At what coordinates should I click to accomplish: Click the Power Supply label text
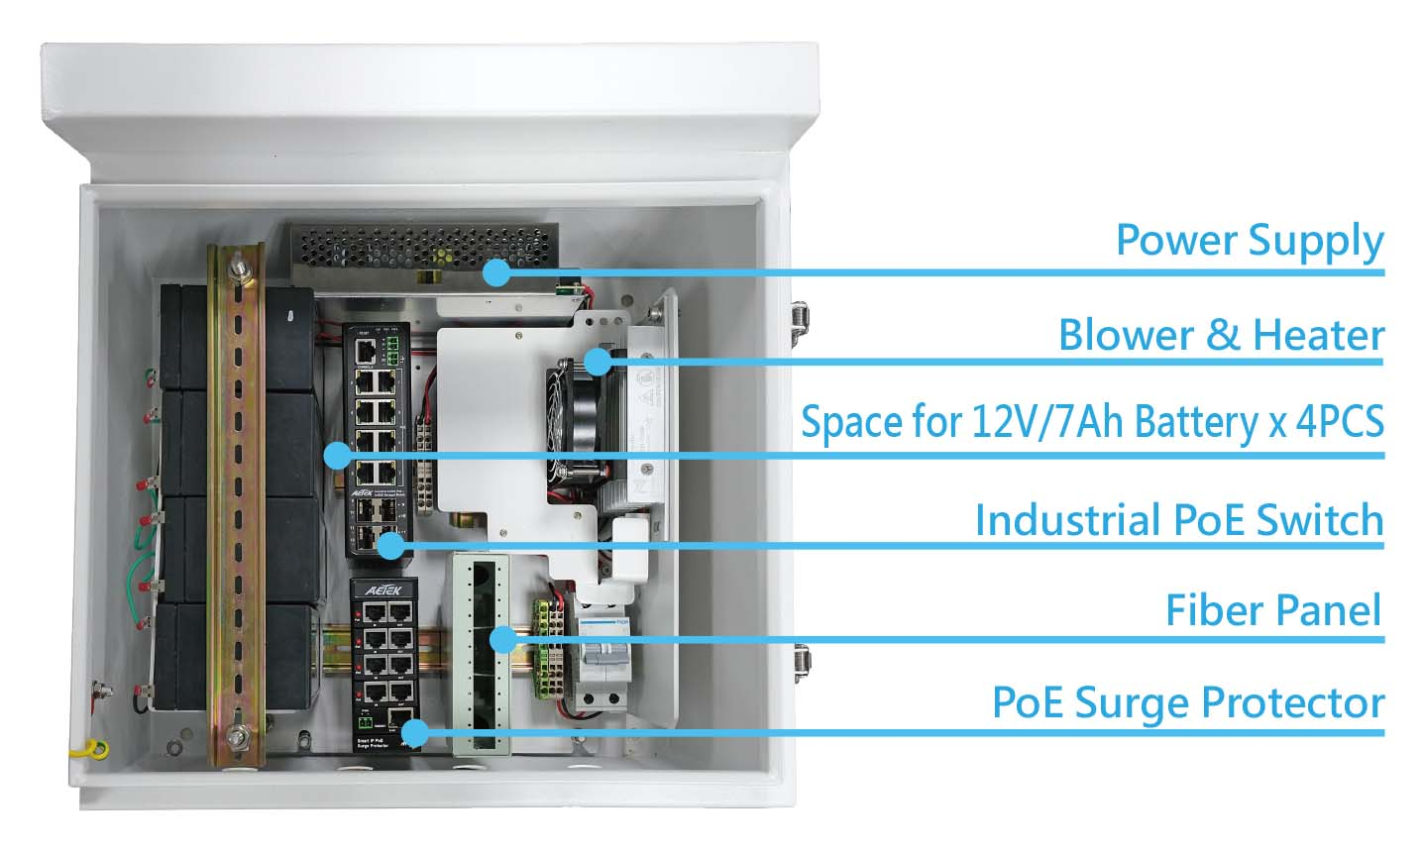[x=1249, y=241]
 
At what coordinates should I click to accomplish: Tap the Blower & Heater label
[x=1220, y=335]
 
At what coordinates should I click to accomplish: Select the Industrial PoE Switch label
[x=1178, y=519]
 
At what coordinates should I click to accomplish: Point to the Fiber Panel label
[x=1272, y=609]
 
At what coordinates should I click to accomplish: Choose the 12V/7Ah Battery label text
[x=1091, y=422]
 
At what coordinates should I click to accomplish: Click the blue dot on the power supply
[x=497, y=271]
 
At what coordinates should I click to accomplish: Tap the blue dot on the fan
[x=597, y=362]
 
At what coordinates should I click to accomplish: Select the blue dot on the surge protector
[x=415, y=733]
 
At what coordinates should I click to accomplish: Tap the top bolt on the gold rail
[x=238, y=267]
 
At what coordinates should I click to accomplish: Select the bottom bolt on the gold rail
[x=238, y=735]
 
